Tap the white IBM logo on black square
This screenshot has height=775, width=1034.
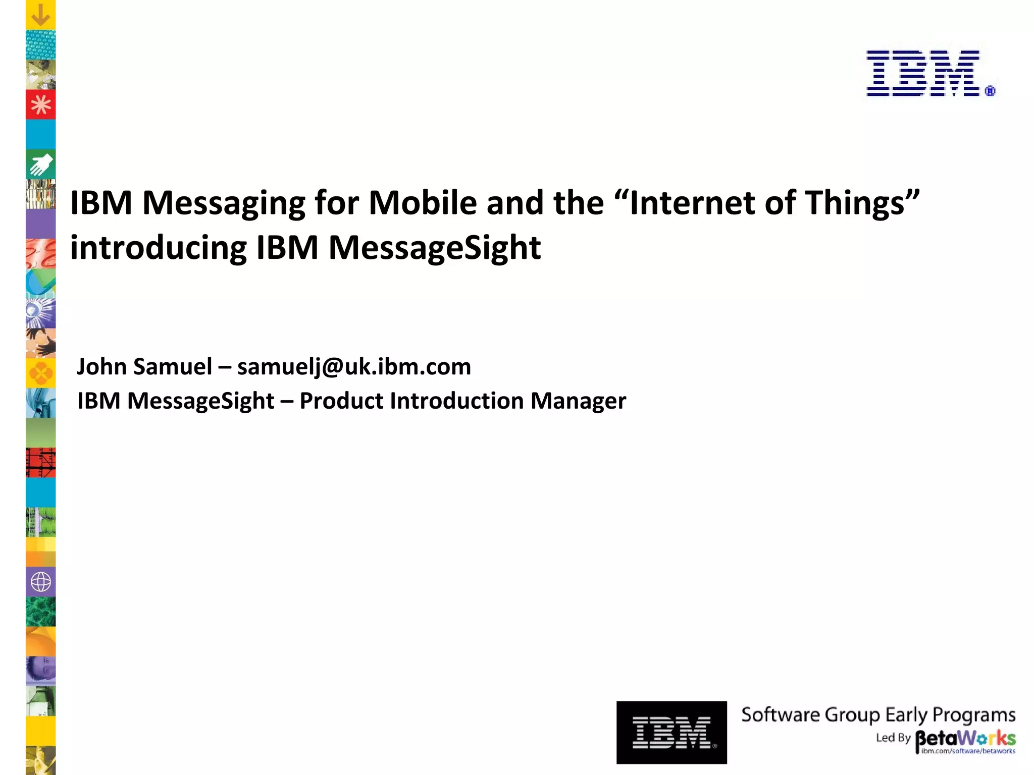click(x=671, y=732)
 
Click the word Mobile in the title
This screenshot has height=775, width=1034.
click(x=423, y=203)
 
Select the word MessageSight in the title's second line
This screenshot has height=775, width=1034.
click(x=435, y=248)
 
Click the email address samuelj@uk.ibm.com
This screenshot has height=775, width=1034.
click(x=354, y=366)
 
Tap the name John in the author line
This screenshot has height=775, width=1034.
click(x=101, y=366)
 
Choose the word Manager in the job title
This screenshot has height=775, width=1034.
click(x=578, y=401)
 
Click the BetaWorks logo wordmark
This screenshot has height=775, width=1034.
click(x=965, y=738)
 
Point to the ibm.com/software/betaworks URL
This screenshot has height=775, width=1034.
click(x=968, y=751)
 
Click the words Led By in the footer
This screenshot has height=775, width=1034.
click(x=893, y=738)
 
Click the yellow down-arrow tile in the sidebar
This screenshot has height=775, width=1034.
click(x=40, y=15)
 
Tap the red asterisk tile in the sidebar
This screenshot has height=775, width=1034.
click(x=40, y=105)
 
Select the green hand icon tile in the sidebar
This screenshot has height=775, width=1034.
click(x=40, y=164)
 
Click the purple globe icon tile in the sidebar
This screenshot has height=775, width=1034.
click(x=40, y=582)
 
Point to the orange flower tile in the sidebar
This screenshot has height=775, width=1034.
click(x=40, y=373)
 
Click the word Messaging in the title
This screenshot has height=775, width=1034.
click(x=224, y=203)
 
